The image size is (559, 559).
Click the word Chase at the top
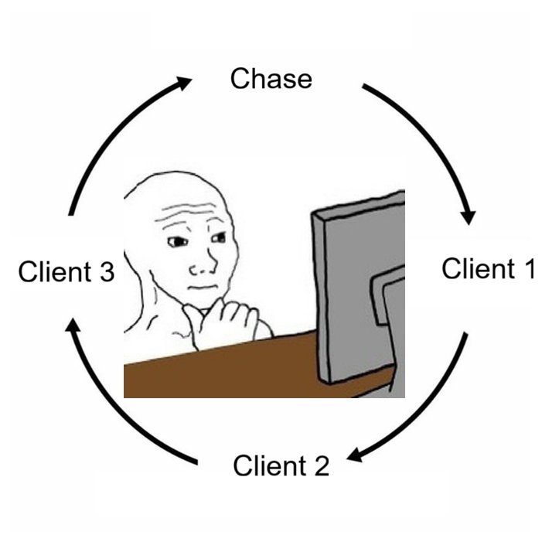pyautogui.click(x=271, y=79)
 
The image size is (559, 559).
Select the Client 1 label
pyautogui.click(x=488, y=269)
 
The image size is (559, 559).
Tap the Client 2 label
pyautogui.click(x=281, y=466)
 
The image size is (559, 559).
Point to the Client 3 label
pyautogui.click(x=66, y=272)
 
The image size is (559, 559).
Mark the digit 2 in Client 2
pyautogui.click(x=321, y=466)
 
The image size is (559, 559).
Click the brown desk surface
pyautogui.click(x=216, y=375)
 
